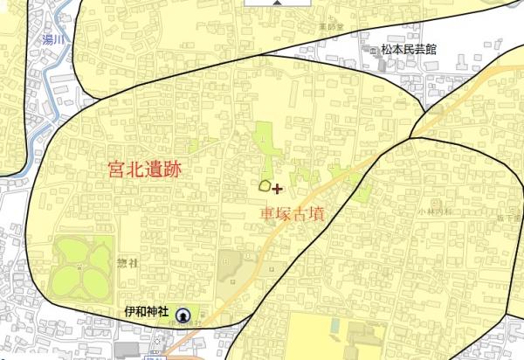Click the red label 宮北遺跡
point(144,170)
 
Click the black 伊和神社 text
point(145,311)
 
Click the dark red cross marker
point(278,188)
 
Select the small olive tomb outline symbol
point(264,185)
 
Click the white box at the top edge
point(275,3)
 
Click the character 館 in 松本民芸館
point(455,50)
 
